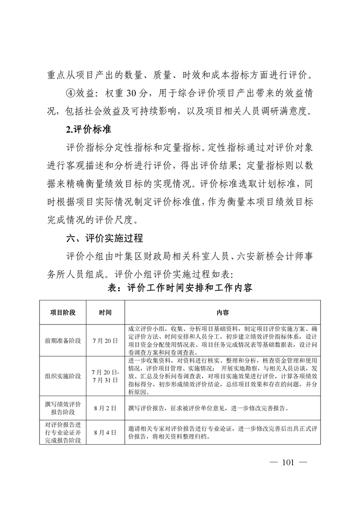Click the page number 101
[288, 463]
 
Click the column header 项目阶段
[63, 313]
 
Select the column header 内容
[222, 313]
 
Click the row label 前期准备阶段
[63, 340]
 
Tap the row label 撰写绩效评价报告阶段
[63, 408]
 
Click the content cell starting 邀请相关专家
[222, 432]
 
